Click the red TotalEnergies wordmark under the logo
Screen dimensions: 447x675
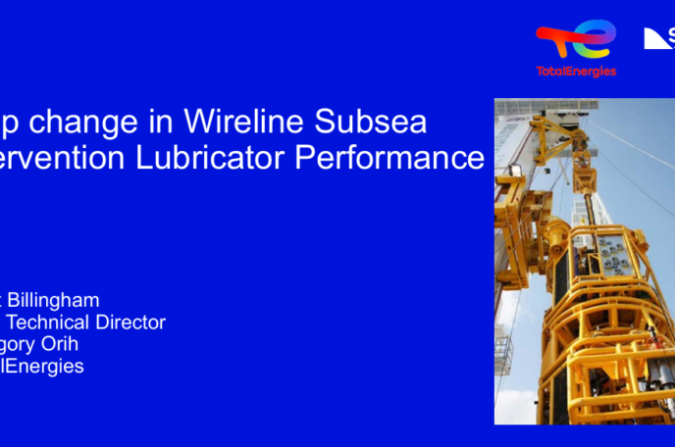pyautogui.click(x=577, y=72)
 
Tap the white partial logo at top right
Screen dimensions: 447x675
pyautogui.click(x=658, y=38)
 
